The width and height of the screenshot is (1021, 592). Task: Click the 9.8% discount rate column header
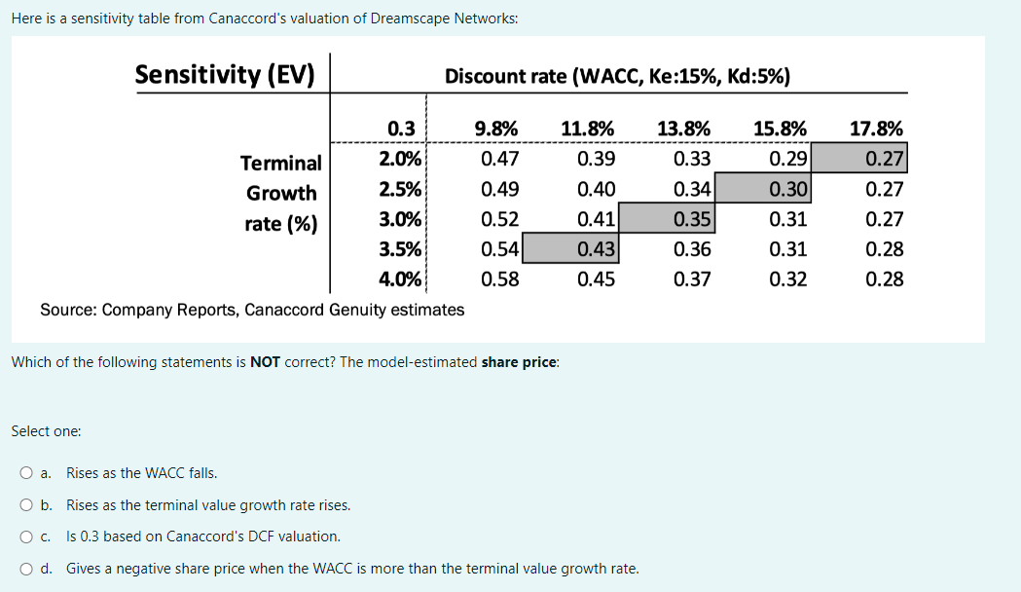495,129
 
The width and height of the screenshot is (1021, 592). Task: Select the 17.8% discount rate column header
876,129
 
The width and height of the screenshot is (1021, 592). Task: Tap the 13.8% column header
683,129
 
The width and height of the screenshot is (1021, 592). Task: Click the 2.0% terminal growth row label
400,159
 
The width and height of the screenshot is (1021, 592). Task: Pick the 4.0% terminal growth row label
400,279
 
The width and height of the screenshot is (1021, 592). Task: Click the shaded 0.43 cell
596,249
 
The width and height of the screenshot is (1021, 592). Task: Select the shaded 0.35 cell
692,219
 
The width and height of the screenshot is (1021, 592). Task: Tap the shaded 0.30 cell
787,189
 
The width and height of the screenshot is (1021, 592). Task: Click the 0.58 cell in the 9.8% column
500,279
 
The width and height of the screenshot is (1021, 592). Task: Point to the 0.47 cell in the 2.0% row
500,159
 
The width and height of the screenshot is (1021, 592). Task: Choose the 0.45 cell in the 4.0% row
596,279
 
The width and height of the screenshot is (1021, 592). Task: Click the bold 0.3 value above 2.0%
401,129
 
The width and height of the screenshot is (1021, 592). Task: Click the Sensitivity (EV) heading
225,75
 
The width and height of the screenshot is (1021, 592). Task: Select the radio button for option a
25,474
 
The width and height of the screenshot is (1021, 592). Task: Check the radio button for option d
25,569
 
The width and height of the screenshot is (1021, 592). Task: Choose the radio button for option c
25,536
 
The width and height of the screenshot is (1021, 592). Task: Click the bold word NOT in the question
265,362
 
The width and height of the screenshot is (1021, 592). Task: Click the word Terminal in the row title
281,163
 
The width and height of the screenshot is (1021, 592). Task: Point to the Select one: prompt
46,430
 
